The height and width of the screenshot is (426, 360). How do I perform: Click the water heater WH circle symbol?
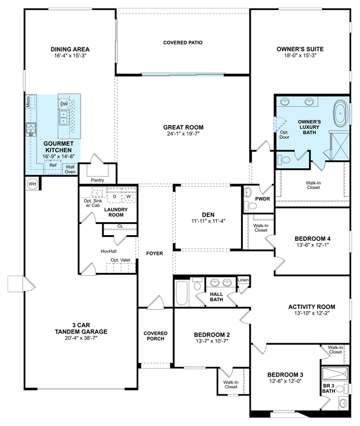[x=32, y=184]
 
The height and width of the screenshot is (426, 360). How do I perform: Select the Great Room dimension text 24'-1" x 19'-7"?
[x=183, y=134]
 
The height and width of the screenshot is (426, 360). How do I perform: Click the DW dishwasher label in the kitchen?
[x=64, y=104]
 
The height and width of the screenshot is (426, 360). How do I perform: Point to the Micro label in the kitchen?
[x=28, y=102]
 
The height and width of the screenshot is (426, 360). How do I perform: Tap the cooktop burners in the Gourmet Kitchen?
[x=31, y=129]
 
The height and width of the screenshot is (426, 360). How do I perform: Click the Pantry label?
[x=97, y=180]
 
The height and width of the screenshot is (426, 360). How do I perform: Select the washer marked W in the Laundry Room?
[x=129, y=196]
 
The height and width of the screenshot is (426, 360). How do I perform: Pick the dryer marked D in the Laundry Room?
[x=114, y=196]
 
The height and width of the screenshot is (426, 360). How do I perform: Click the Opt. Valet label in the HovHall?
[x=120, y=260]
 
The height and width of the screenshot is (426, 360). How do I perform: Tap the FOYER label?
[x=154, y=253]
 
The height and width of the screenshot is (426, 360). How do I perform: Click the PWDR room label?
[x=263, y=199]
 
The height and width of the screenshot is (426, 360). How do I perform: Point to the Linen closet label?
[x=243, y=280]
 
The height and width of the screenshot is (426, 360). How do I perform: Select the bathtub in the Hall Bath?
[x=182, y=293]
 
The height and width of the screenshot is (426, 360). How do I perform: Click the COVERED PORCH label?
[x=155, y=336]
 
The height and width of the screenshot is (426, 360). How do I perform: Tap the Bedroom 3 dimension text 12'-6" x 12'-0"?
[x=286, y=381]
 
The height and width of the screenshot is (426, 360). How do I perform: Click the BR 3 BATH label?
[x=328, y=388]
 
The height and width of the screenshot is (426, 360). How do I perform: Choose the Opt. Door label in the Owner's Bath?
[x=284, y=134]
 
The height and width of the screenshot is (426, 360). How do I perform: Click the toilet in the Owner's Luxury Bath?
[x=283, y=159]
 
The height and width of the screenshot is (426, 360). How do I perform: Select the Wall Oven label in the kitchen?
[x=70, y=169]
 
